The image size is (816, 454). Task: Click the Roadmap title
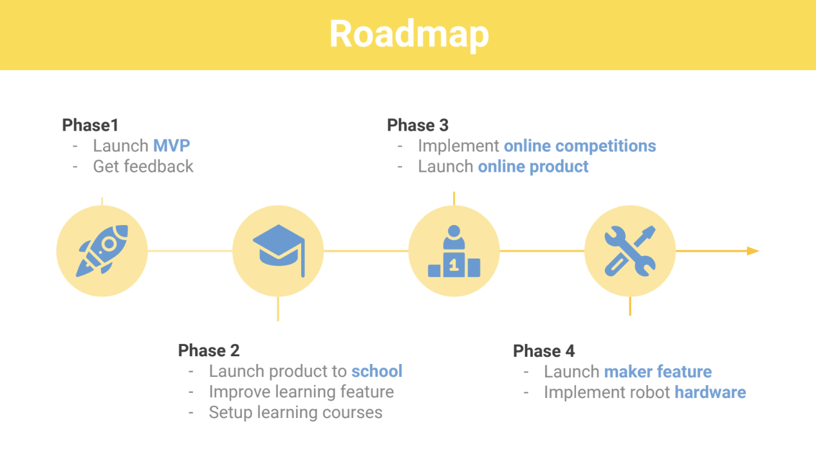409,35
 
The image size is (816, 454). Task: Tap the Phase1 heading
90,125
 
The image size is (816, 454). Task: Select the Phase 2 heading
209,350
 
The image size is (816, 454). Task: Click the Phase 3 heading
418,125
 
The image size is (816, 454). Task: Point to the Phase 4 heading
544,351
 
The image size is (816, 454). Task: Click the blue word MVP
172,146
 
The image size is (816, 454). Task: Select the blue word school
377,371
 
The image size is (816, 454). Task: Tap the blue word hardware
710,392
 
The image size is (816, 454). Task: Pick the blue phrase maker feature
658,372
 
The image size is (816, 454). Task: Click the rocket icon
102,251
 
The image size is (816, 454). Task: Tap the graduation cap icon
279,251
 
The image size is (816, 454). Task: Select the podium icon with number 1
454,251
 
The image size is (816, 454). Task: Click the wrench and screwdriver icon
630,251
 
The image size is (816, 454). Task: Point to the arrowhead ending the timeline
753,251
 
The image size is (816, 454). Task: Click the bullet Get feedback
143,167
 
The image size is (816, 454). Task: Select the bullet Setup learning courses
296,413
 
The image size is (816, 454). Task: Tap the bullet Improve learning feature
302,392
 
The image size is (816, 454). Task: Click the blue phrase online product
533,167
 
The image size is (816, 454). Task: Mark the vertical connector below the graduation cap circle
278,309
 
